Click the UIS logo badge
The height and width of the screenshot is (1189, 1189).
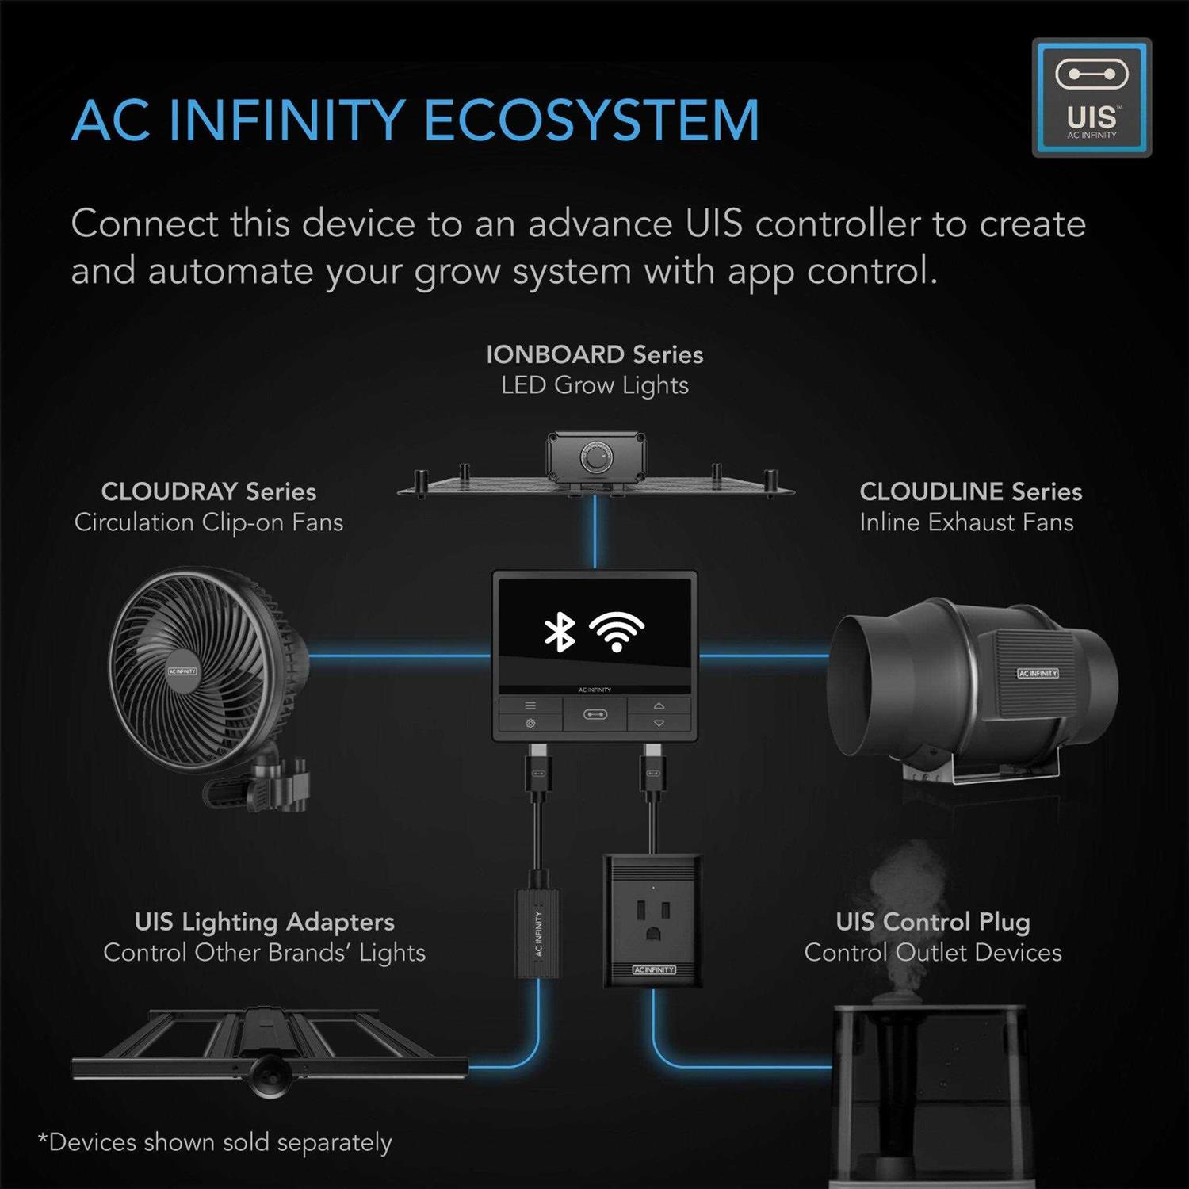click(1092, 97)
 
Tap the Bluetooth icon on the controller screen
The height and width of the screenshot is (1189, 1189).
click(560, 632)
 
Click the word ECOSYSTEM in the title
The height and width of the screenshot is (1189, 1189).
click(591, 121)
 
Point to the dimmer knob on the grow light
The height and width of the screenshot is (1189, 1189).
click(594, 457)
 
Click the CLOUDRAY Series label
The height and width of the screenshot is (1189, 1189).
click(208, 491)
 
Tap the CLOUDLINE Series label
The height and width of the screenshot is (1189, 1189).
click(970, 491)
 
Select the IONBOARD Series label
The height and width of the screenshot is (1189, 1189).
click(594, 354)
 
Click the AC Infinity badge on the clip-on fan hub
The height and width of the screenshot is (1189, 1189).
click(182, 671)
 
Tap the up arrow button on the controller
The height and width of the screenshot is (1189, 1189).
click(659, 705)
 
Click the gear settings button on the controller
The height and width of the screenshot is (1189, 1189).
click(530, 723)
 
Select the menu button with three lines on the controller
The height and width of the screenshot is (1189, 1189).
click(530, 705)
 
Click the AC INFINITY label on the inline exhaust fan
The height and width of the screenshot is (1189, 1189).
click(1038, 673)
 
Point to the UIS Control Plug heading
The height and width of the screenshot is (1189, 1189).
click(933, 922)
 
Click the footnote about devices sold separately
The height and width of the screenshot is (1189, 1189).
click(216, 1142)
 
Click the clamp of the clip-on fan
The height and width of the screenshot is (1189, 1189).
click(262, 789)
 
